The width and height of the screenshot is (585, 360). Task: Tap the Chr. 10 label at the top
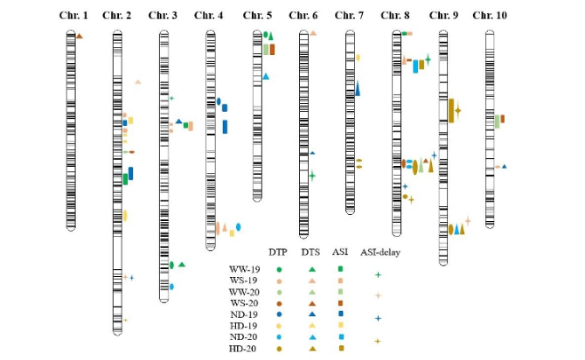489,15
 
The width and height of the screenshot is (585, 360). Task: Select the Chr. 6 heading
303,15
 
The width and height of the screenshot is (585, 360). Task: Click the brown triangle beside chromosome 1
79,36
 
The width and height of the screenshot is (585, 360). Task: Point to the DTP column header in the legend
278,253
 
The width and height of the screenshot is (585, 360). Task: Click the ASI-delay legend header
378,253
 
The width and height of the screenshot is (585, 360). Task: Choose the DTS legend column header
310,253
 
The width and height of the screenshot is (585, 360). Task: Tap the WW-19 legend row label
244,269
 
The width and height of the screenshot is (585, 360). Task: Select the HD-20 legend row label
244,348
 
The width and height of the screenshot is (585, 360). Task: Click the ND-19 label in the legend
244,314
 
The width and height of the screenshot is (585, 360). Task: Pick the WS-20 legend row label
244,302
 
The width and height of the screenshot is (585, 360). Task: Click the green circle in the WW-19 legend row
279,269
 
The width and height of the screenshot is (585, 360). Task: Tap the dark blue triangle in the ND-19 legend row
311,314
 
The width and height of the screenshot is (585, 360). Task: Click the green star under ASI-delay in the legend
378,274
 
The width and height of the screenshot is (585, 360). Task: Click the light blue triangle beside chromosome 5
266,77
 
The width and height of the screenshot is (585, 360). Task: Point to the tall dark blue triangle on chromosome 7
357,88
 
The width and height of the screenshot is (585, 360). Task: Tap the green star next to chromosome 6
312,175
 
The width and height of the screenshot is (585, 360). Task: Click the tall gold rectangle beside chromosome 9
450,110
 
